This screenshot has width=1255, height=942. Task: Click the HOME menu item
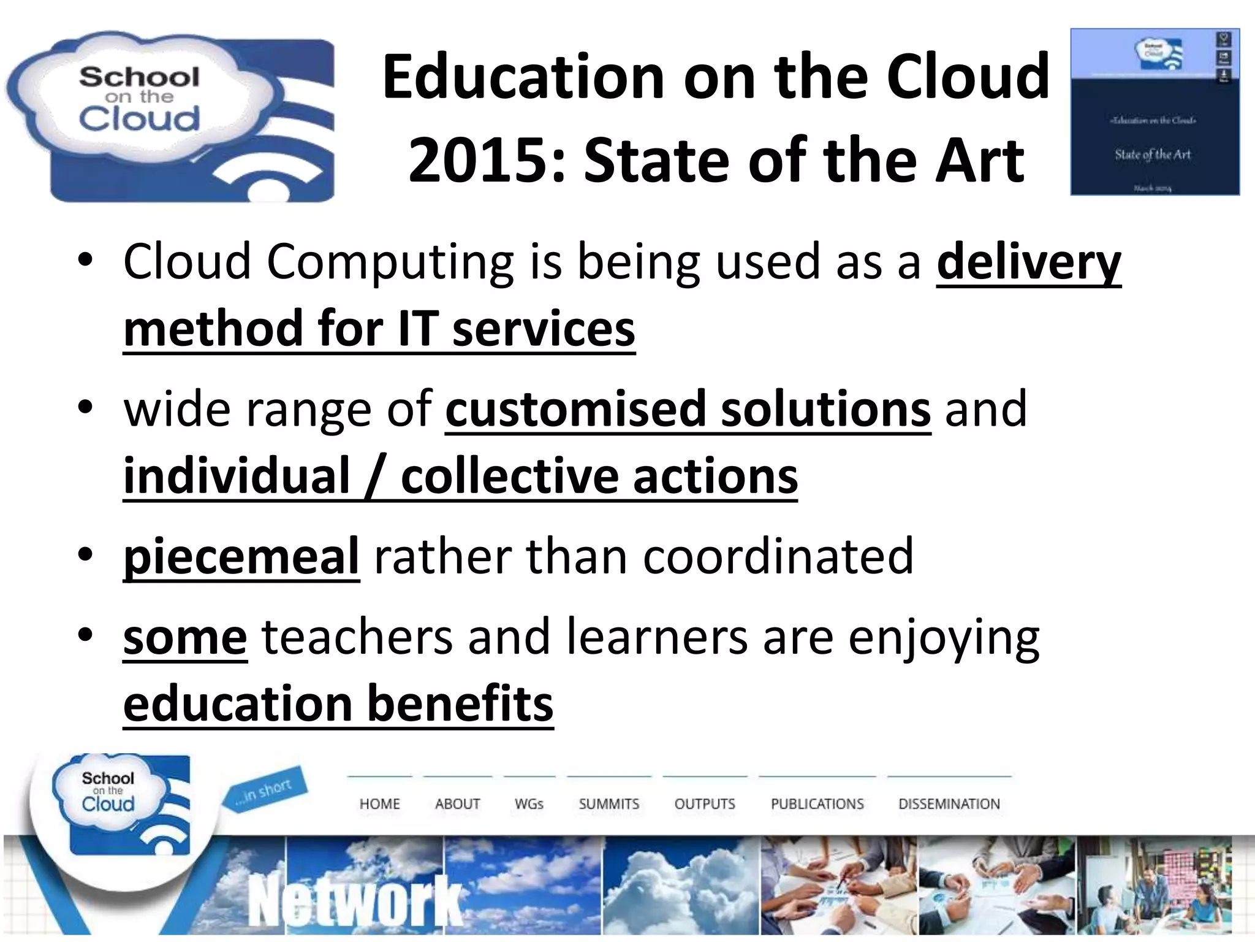click(x=379, y=804)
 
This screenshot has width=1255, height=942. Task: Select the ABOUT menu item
click(x=457, y=804)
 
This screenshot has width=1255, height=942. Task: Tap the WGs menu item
click(x=529, y=804)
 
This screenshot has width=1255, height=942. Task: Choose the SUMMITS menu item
click(x=609, y=804)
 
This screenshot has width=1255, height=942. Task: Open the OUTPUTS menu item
click(x=704, y=804)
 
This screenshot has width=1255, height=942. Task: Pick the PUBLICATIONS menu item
click(x=817, y=804)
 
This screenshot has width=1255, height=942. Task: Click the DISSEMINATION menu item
click(x=949, y=804)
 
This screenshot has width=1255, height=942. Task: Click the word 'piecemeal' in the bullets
click(x=241, y=556)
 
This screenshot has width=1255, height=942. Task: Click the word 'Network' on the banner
click(x=355, y=902)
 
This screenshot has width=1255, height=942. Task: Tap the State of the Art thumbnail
click(x=1155, y=112)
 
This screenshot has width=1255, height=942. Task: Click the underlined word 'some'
click(x=185, y=638)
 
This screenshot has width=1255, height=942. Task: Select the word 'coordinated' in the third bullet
click(x=778, y=556)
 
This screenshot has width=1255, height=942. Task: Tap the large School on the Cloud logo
click(x=170, y=117)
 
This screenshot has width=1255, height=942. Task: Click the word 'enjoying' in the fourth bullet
click(x=944, y=638)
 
